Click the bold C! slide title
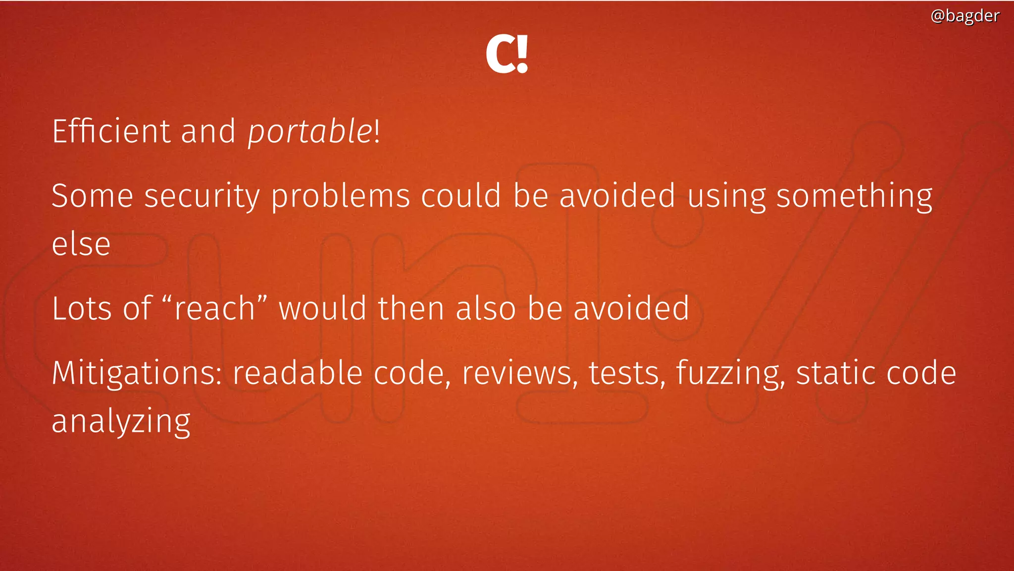[x=507, y=54]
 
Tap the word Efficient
[x=111, y=131]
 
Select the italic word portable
[x=310, y=132]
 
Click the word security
[x=202, y=196]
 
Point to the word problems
[x=341, y=196]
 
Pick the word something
[x=854, y=196]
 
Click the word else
[x=81, y=244]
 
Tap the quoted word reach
[x=214, y=308]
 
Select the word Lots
[x=81, y=308]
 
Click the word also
[x=486, y=308]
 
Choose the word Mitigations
[x=137, y=373]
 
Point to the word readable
[x=298, y=373]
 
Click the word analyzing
[x=121, y=422]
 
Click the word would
[x=322, y=308]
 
